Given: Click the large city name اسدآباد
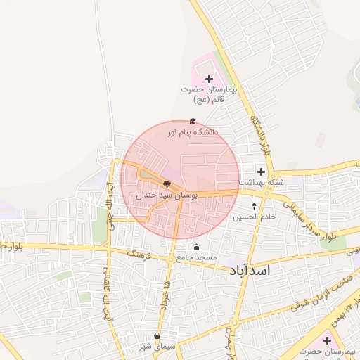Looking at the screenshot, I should coord(250,269).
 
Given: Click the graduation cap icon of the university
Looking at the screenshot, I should coord(193,122).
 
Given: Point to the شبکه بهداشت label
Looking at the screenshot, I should coord(261,182).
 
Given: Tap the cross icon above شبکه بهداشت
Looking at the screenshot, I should coord(261,172).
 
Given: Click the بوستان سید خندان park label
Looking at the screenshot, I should coord(167,193).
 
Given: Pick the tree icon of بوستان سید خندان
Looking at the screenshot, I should coord(167,183).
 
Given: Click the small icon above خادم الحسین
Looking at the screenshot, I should coord(255,207).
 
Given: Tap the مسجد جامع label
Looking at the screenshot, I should coord(196,258).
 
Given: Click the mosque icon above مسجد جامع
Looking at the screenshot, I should coord(196,247).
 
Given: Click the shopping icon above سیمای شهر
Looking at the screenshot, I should coord(156,335).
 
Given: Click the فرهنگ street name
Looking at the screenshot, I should coord(138,254).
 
